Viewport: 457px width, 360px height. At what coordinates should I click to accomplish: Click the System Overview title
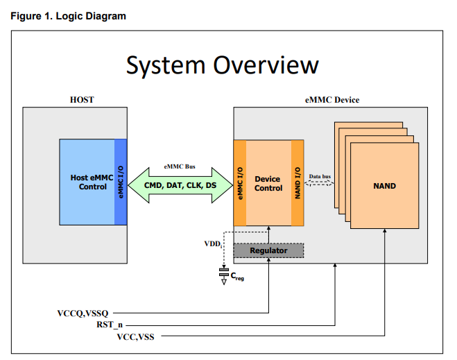coord(223,66)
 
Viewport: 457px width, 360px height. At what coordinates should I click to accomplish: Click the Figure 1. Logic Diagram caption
coord(68,16)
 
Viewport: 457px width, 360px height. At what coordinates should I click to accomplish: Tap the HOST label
coord(82,100)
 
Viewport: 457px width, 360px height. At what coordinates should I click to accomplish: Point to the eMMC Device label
coord(332,100)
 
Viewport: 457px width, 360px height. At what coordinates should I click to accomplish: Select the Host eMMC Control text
coord(92,182)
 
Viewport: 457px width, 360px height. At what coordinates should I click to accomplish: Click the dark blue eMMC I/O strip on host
coord(121,182)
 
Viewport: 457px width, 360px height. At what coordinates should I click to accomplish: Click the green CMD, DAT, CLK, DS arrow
coord(180,185)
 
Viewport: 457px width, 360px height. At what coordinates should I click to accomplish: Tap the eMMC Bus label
coord(180,166)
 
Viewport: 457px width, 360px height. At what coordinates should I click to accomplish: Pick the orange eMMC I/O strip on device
coord(240,182)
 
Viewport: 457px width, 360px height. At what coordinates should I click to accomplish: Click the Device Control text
coord(268,183)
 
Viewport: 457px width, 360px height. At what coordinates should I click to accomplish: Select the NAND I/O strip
coord(298,182)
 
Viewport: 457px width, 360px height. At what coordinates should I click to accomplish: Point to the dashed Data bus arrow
coord(319,182)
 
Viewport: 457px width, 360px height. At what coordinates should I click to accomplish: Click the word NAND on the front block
coord(385,186)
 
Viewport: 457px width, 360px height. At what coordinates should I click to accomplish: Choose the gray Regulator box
coord(268,250)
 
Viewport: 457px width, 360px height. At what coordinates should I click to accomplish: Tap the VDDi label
coord(213,244)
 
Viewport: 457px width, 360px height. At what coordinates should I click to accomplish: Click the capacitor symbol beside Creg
coord(224,273)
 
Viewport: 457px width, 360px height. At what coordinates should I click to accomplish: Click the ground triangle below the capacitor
coord(224,282)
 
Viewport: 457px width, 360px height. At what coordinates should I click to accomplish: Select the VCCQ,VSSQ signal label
coord(83,314)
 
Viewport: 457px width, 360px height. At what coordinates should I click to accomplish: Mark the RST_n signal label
coord(110,325)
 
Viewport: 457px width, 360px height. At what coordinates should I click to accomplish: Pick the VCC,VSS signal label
coord(135,337)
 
